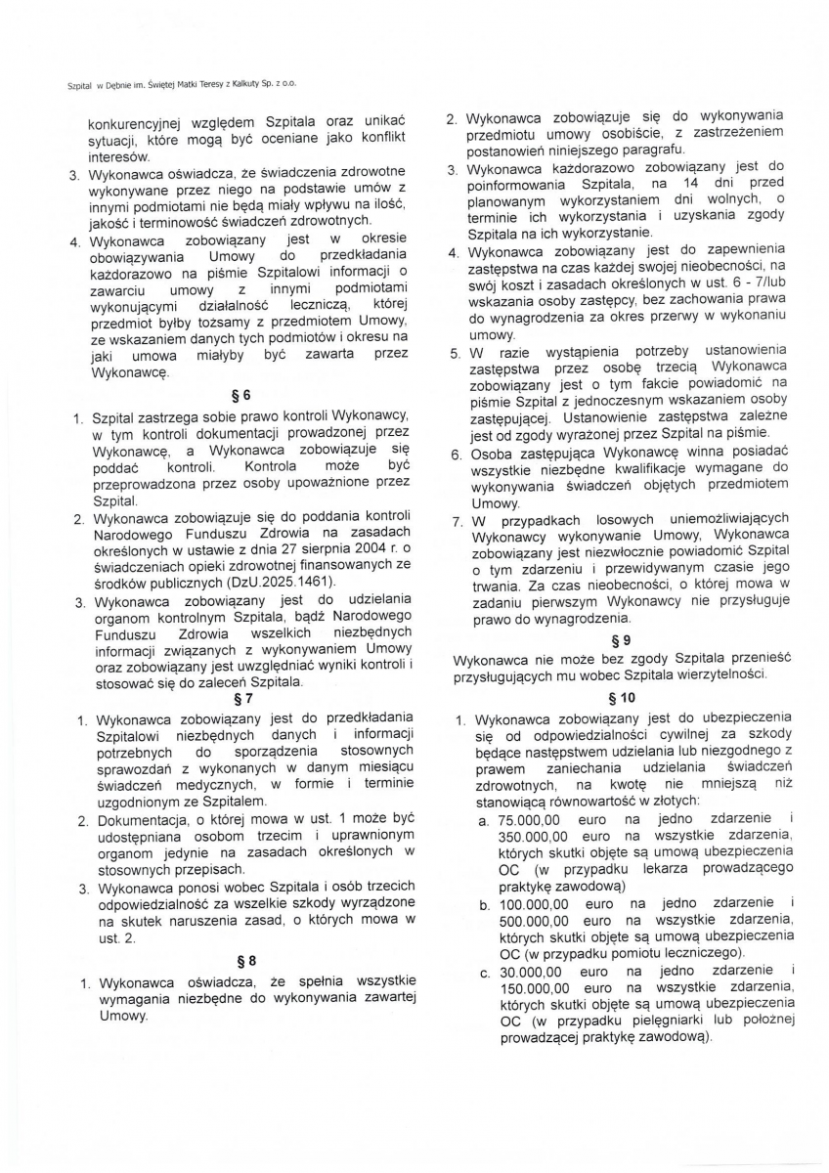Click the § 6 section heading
point(241,396)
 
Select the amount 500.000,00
point(533,921)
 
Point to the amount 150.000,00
point(533,988)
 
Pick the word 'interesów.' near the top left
point(119,156)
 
